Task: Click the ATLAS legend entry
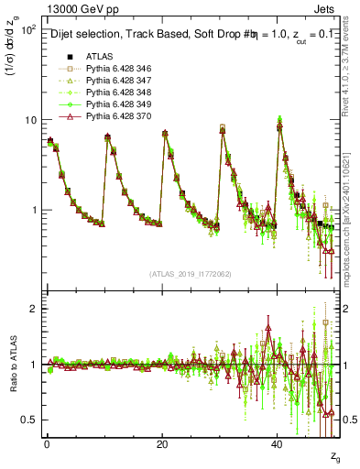point(98,56)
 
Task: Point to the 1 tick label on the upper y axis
point(33,210)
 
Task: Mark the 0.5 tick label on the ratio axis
point(29,420)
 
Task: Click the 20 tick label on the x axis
point(162,445)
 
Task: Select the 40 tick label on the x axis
point(278,445)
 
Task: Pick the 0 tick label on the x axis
point(47,445)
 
